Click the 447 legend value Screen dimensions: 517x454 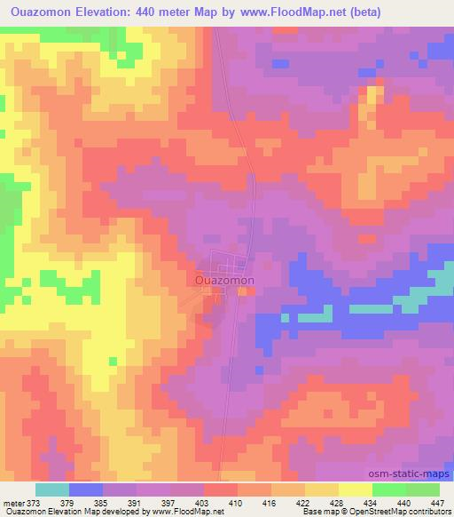click(x=438, y=503)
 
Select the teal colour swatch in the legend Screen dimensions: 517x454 click(x=52, y=489)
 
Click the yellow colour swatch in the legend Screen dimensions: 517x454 click(x=355, y=489)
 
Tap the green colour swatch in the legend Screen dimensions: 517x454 click(x=388, y=489)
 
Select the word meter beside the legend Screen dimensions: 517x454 click(x=13, y=503)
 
